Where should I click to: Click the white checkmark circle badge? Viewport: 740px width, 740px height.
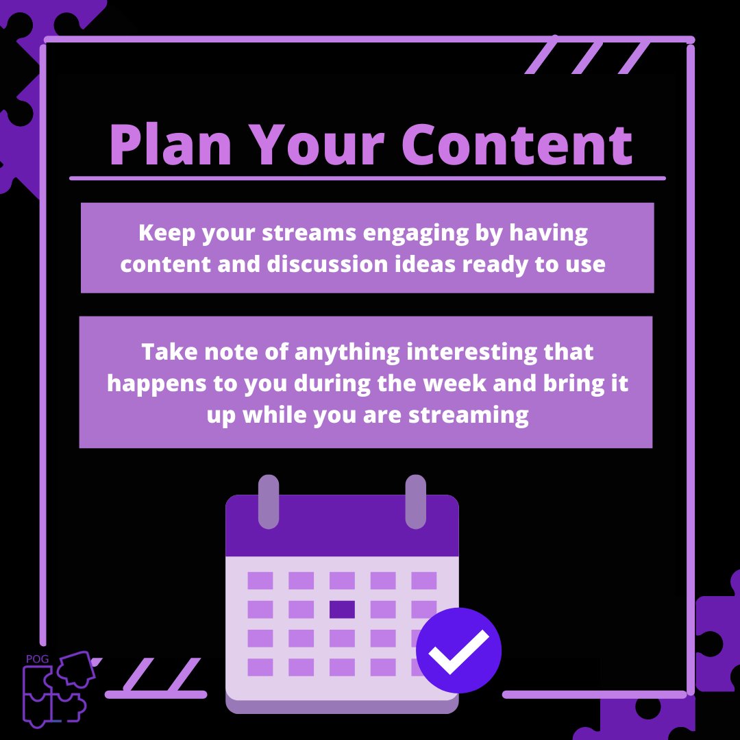coord(459,650)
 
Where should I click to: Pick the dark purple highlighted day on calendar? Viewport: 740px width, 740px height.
coord(342,609)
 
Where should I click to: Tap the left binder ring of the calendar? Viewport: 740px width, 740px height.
coord(269,502)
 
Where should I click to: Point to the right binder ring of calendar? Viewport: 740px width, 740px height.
coord(415,502)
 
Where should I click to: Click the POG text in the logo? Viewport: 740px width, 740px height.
coord(34,659)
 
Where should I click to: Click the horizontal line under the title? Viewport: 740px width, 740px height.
coord(367,178)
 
